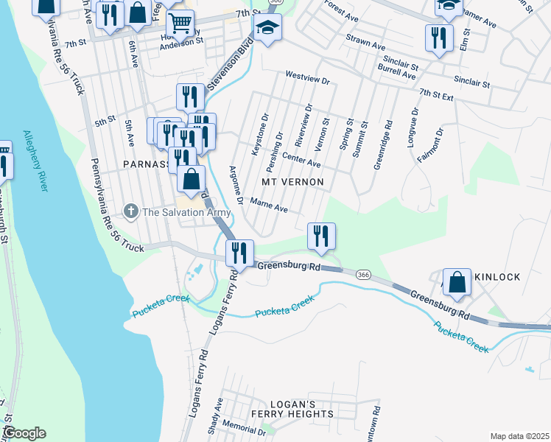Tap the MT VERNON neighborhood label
point(293,180)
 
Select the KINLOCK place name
point(497,277)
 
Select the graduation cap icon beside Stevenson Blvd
point(267,29)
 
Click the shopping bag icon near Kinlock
point(457,282)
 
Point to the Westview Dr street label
point(306,75)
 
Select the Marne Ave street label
point(269,203)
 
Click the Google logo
point(24,433)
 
